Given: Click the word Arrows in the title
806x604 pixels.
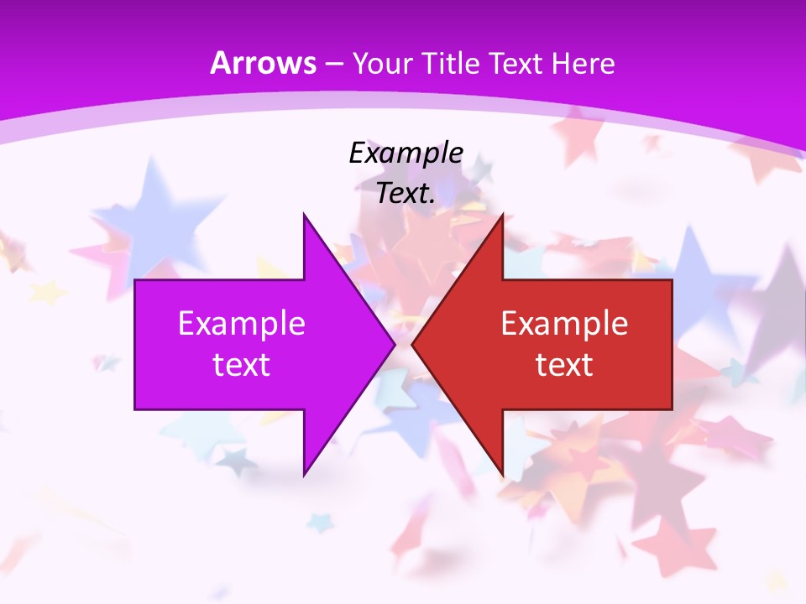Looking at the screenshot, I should [x=264, y=63].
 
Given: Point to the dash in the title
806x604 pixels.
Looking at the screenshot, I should [x=333, y=64].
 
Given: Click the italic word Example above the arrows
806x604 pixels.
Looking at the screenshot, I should [x=406, y=154].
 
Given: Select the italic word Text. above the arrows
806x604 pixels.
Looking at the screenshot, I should [x=406, y=194].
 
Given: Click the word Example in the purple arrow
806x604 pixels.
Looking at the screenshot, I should [x=242, y=324].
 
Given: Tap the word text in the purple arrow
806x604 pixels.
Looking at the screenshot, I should [x=242, y=364].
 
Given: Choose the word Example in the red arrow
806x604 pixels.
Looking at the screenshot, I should [x=564, y=324].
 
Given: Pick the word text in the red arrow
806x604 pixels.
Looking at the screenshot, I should [x=564, y=364].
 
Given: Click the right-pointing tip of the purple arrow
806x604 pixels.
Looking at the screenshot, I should [x=395, y=344].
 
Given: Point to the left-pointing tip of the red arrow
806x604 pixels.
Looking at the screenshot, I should [x=411, y=344].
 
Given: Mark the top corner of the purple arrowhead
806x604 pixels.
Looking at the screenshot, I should [x=304, y=214].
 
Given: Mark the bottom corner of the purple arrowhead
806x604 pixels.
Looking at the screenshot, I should [x=304, y=476].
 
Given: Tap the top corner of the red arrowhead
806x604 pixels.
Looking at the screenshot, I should [x=503, y=214].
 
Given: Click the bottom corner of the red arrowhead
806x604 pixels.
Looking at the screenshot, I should [x=503, y=476].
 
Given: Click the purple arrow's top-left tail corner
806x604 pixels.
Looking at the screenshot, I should [x=135, y=280].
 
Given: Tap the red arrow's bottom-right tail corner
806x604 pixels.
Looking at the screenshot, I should [x=672, y=409].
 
